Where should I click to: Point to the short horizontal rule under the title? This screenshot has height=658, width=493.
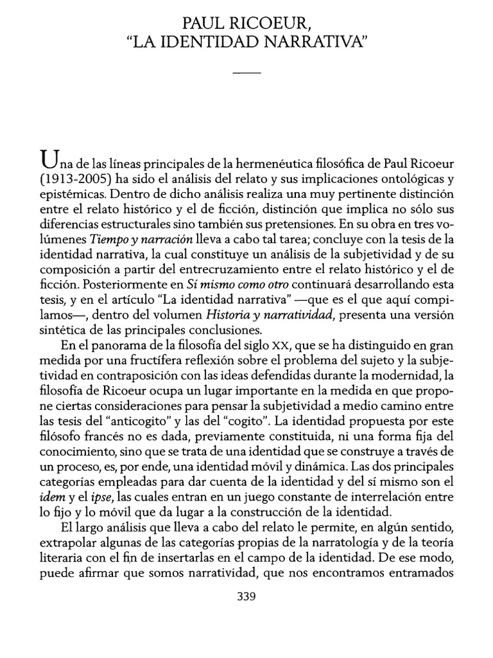coord(246,73)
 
